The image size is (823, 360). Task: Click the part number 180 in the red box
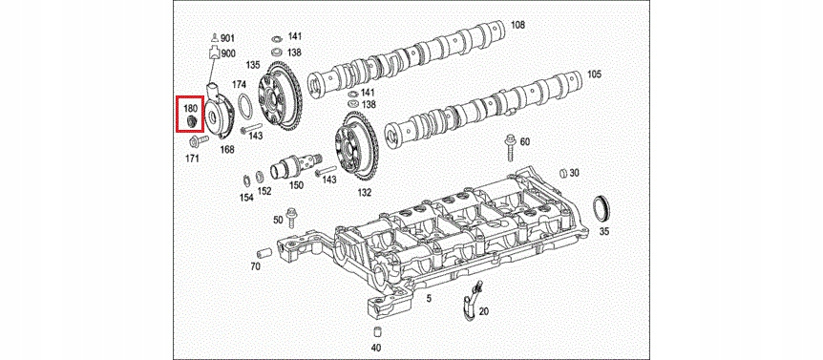[190, 108]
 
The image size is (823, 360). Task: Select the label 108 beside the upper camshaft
[517, 25]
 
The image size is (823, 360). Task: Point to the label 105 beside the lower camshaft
[594, 74]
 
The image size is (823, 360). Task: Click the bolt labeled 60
[510, 147]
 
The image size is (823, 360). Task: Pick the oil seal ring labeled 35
[601, 208]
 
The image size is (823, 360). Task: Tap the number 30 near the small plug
[574, 173]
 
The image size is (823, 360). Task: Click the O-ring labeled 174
[245, 107]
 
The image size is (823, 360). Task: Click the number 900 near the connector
[228, 53]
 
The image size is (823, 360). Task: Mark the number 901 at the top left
[228, 38]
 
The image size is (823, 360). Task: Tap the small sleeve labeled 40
[376, 332]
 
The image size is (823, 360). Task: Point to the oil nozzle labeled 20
[472, 301]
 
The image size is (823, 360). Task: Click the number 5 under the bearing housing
[429, 299]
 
